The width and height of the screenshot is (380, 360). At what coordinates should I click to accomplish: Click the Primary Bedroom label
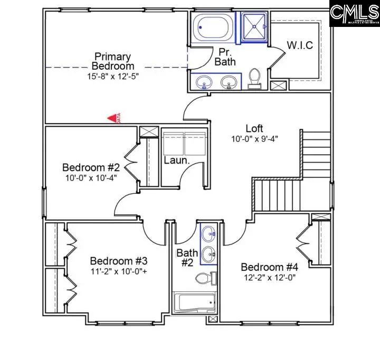(x=112, y=61)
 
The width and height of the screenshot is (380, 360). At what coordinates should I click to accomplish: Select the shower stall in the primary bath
(x=255, y=25)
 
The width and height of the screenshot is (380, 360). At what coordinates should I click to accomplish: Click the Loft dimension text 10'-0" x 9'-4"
(x=254, y=139)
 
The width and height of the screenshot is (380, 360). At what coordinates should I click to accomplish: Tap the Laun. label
(x=176, y=160)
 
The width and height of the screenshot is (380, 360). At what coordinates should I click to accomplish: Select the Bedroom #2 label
(x=91, y=167)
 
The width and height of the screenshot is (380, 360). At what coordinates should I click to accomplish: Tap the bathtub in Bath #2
(x=194, y=304)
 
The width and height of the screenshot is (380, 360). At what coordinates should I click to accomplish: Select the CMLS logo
(x=354, y=13)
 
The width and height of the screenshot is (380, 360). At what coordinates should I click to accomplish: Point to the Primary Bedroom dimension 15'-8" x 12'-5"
(x=112, y=76)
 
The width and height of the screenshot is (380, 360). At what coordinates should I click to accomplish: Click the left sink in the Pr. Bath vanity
(x=204, y=82)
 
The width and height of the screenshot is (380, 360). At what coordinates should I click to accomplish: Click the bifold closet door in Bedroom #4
(x=303, y=242)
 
